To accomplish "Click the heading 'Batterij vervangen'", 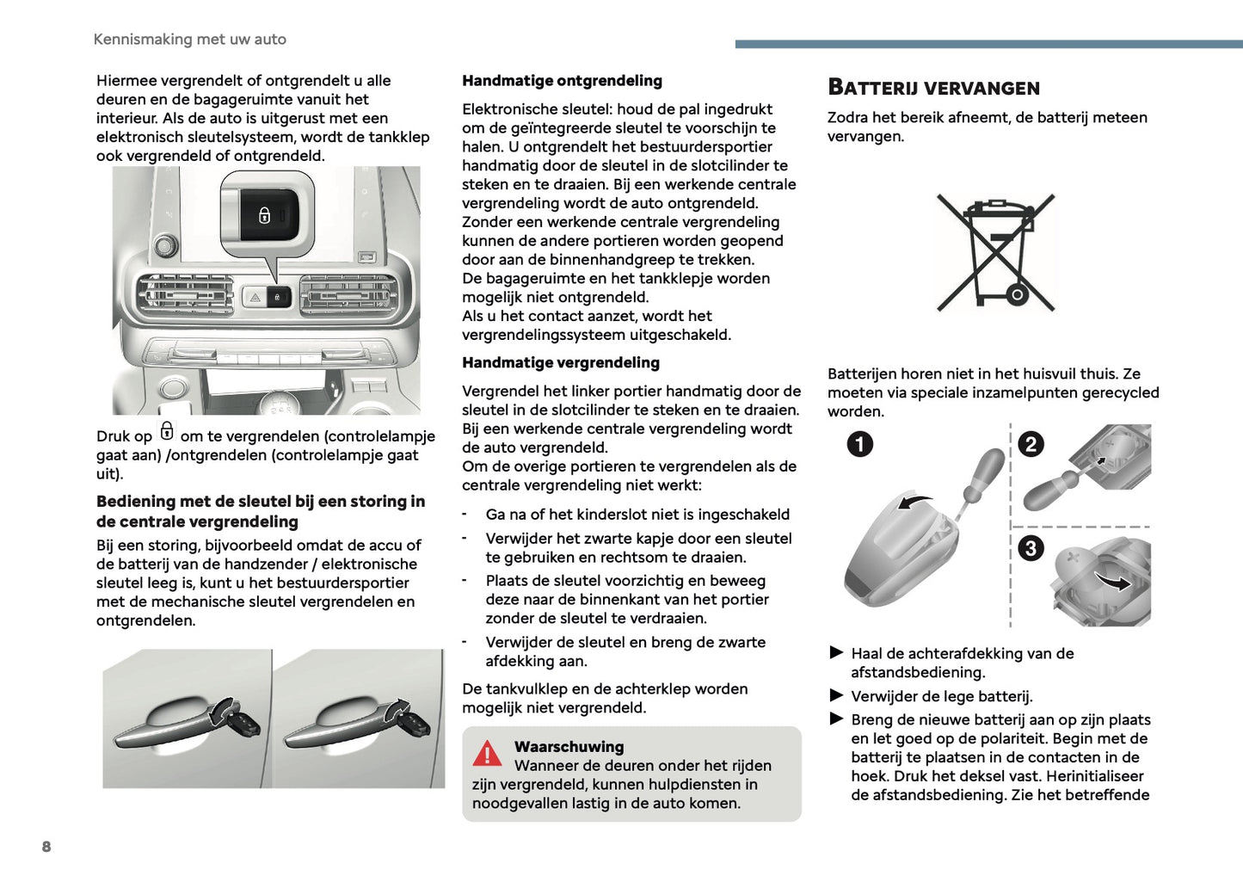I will click(x=933, y=88).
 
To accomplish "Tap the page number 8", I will click(x=46, y=847).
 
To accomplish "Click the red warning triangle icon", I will click(x=487, y=754).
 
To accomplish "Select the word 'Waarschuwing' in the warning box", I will click(x=569, y=747).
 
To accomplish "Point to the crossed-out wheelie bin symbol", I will click(x=995, y=252).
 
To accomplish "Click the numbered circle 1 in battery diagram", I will click(x=859, y=444).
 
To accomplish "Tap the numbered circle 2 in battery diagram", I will click(x=1031, y=444).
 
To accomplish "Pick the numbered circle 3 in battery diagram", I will click(x=1031, y=548).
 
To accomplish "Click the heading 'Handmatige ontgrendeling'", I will click(x=562, y=81).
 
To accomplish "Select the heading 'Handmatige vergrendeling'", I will click(x=560, y=363).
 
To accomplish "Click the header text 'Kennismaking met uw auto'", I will click(x=189, y=40).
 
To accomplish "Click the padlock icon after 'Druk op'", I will click(x=167, y=431).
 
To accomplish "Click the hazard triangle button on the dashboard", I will click(x=255, y=298).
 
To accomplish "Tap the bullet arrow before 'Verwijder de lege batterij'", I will click(x=836, y=695).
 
